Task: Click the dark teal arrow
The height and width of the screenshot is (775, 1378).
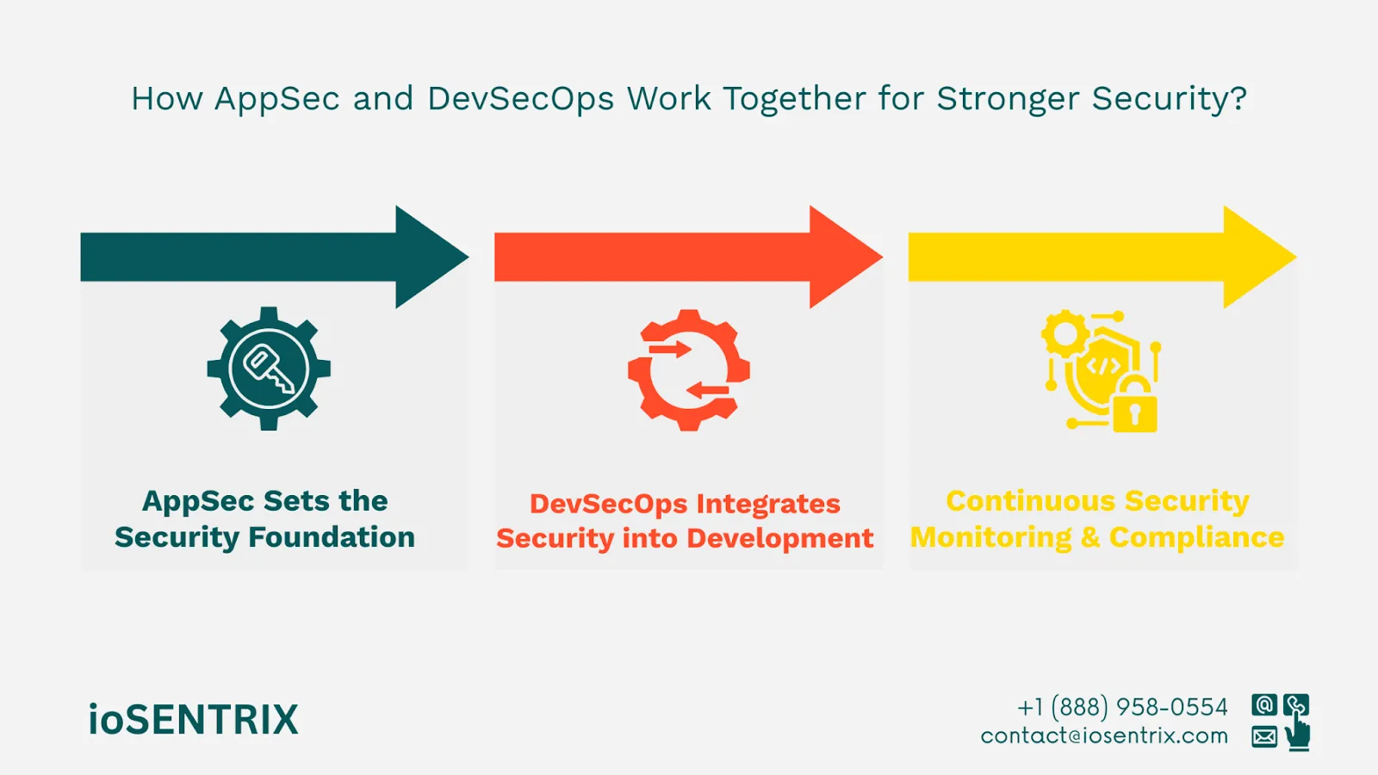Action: (275, 257)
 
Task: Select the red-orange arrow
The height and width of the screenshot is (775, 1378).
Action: (688, 257)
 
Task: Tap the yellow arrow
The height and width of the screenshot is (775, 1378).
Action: (1102, 257)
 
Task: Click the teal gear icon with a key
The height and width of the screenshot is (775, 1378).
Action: (269, 369)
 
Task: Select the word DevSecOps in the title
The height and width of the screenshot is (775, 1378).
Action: (520, 98)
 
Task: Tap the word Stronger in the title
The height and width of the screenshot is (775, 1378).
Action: (1008, 98)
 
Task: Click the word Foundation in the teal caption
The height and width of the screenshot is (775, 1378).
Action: (332, 537)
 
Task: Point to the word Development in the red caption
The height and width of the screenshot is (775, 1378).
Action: (780, 539)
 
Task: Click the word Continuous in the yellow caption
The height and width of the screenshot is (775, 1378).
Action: (1030, 500)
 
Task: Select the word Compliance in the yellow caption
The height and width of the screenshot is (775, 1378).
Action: (1196, 537)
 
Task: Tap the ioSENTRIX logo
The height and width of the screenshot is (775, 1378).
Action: (193, 719)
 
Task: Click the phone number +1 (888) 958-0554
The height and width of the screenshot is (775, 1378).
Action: (1123, 707)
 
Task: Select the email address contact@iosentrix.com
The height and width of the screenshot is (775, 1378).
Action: (1104, 735)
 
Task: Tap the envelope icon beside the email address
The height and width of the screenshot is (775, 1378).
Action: (1264, 736)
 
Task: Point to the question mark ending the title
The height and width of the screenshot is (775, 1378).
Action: (1238, 98)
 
